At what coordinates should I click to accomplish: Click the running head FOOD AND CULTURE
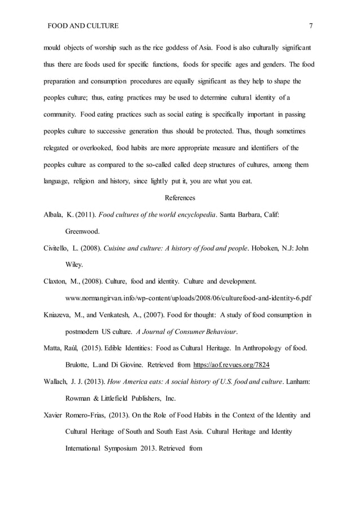[82, 26]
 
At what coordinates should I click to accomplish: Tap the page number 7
[311, 26]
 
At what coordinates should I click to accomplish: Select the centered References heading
[180, 198]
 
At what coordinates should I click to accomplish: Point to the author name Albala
[54, 214]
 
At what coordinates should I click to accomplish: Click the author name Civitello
[59, 248]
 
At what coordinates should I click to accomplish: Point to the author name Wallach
[57, 382]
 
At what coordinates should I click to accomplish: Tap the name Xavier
[54, 415]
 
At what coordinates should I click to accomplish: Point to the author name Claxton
[57, 280]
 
